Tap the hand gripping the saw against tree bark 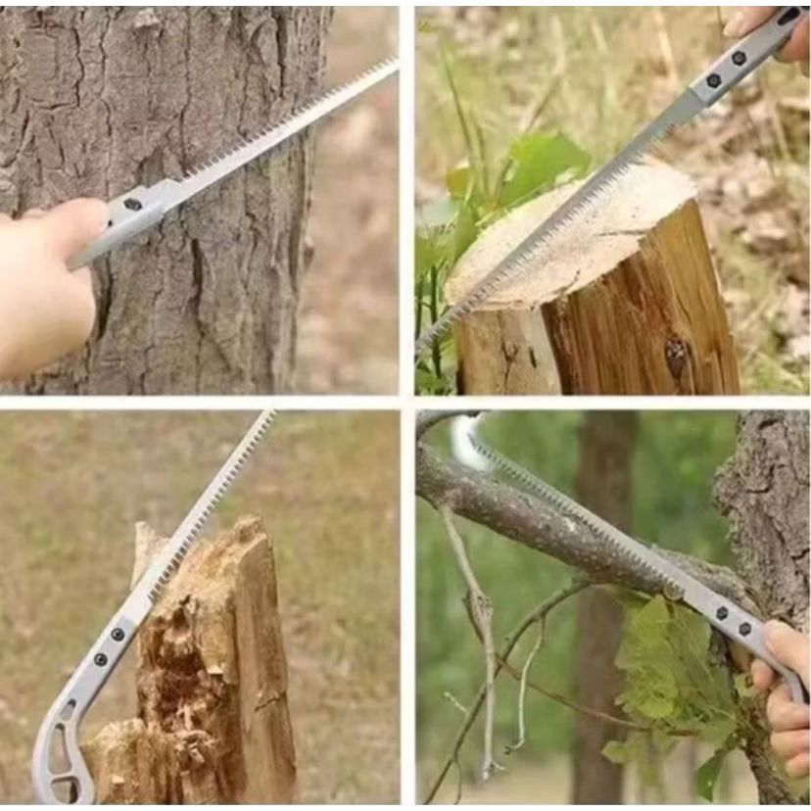click(49, 284)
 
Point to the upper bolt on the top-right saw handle click(739, 59)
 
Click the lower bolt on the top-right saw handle click(714, 80)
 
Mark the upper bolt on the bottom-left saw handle click(119, 634)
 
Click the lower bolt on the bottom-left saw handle click(100, 659)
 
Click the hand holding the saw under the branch click(784, 686)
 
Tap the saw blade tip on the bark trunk click(392, 63)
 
